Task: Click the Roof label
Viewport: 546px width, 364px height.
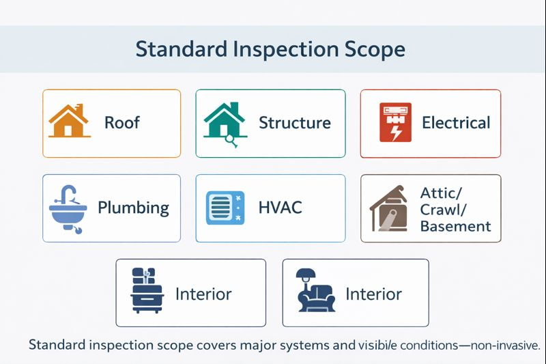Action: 122,123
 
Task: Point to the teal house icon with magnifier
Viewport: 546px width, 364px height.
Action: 224,123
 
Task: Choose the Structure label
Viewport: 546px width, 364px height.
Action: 295,123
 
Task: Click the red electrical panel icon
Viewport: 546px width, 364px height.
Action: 395,123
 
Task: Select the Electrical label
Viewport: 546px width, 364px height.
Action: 456,123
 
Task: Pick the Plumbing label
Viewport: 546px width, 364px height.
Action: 133,208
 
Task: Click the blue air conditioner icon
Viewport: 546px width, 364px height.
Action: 225,208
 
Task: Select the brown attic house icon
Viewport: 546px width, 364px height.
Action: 391,208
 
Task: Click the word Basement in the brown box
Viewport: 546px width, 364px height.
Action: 455,226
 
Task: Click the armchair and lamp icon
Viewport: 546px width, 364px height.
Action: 315,292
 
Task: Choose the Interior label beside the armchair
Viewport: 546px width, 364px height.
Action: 373,294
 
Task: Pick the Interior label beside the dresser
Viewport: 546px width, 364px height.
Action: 203,294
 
